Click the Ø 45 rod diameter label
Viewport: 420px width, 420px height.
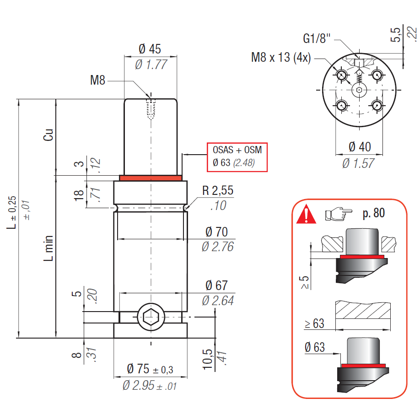(x=150, y=49)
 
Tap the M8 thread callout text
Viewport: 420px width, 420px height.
(x=97, y=80)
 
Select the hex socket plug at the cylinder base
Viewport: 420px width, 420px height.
(x=151, y=317)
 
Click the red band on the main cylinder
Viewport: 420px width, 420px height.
(x=151, y=178)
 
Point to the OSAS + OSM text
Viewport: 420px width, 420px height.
(x=237, y=150)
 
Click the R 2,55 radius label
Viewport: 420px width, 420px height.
(x=218, y=190)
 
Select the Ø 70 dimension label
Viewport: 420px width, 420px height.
(x=216, y=232)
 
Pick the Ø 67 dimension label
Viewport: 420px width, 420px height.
(x=216, y=285)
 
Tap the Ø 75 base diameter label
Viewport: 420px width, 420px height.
(x=150, y=369)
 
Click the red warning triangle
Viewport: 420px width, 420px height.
(x=306, y=214)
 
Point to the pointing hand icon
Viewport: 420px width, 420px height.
(x=338, y=214)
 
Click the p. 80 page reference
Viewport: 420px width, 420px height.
(x=374, y=213)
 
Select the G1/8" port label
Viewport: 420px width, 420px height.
(x=317, y=38)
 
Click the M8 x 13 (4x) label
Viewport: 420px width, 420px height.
(x=281, y=57)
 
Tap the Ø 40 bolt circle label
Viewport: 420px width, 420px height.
(x=360, y=147)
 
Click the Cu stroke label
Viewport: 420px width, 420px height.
(x=48, y=135)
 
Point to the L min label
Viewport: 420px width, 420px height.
(x=48, y=248)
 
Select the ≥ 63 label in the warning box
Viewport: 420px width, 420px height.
(x=314, y=323)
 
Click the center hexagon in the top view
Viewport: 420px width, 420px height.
(x=359, y=90)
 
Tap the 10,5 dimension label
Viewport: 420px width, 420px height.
(x=207, y=360)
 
